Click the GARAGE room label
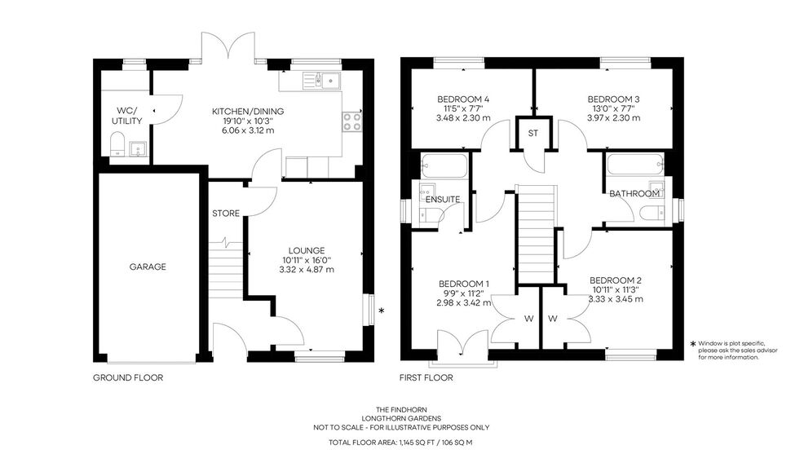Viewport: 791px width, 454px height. [x=148, y=267]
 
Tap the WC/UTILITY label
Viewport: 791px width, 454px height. [x=126, y=116]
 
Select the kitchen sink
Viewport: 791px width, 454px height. [x=321, y=81]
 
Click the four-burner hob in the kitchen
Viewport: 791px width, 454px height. [x=352, y=121]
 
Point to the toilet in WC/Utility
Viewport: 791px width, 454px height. [x=117, y=144]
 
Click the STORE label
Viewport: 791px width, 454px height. [x=226, y=214]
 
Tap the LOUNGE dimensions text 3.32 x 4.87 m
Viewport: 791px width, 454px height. [x=307, y=270]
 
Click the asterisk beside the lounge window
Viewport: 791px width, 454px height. [x=382, y=311]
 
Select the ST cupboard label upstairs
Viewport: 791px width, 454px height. [x=533, y=133]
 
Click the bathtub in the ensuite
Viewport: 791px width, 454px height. [x=444, y=166]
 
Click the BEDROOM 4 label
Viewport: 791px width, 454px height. [x=463, y=99]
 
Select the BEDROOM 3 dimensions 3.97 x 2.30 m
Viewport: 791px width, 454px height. [x=613, y=118]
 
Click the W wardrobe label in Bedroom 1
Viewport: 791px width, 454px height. [x=528, y=319]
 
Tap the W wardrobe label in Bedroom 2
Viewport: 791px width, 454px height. [x=553, y=319]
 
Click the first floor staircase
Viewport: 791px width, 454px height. [x=537, y=234]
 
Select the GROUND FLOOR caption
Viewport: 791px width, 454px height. [x=128, y=378]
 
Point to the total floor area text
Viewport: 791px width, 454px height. [x=400, y=443]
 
